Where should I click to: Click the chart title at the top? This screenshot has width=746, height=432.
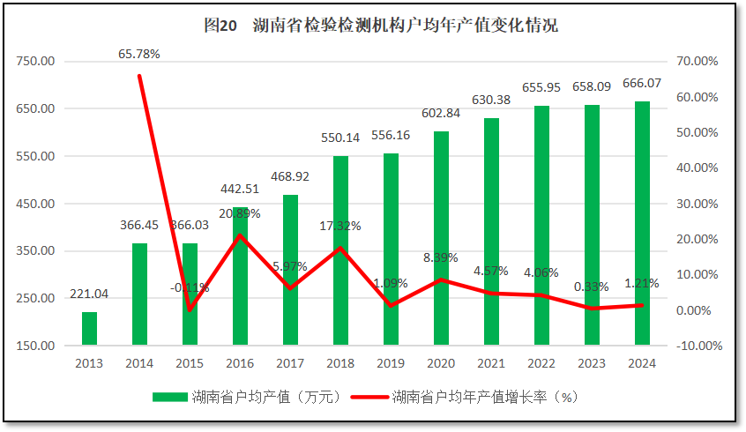tap(380, 26)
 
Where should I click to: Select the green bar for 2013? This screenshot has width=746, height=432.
tap(89, 328)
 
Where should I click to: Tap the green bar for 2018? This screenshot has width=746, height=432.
tap(340, 250)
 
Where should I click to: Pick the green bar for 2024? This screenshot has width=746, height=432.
tap(642, 223)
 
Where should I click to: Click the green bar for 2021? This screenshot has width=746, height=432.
tap(491, 231)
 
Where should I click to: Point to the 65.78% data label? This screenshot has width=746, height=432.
tap(139, 55)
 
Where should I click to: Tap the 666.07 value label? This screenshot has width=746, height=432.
tap(642, 83)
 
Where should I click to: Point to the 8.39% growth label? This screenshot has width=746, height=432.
tap(441, 258)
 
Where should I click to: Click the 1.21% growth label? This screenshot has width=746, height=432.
tap(642, 284)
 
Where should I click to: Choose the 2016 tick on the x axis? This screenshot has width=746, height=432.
tap(240, 363)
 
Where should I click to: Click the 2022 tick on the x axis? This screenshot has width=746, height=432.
tap(541, 363)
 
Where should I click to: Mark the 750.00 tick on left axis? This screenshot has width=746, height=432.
tap(36, 62)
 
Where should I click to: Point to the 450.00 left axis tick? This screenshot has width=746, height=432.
tap(36, 204)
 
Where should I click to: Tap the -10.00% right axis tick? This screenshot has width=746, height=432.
tap(696, 346)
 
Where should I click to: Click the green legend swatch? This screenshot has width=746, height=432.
tap(170, 397)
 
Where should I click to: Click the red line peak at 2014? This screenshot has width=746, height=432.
tap(139, 76)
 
